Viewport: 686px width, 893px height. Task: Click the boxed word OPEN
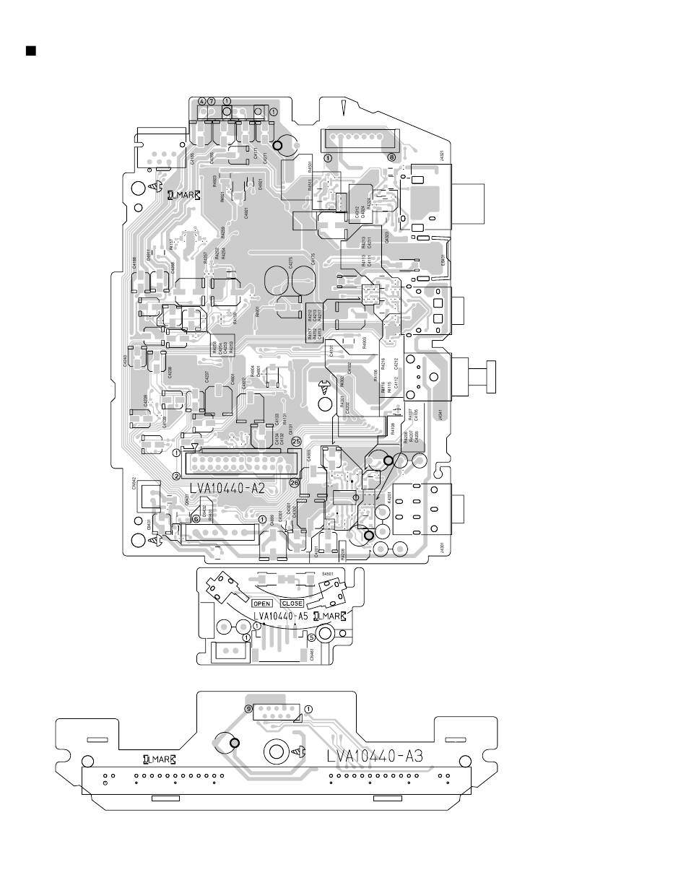(262, 603)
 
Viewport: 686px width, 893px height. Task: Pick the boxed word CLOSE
(292, 603)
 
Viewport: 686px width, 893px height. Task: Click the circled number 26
(294, 483)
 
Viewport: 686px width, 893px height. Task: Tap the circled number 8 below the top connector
(392, 157)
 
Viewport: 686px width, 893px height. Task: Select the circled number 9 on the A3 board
(248, 709)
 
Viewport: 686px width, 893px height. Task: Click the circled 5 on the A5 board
(311, 637)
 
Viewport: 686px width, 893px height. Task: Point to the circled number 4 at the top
(202, 100)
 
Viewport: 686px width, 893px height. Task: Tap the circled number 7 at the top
(212, 100)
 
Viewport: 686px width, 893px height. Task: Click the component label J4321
(441, 156)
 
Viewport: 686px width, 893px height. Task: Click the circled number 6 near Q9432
(196, 518)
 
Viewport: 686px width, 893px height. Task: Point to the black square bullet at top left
(30, 51)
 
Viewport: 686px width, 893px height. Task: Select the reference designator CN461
(311, 654)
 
